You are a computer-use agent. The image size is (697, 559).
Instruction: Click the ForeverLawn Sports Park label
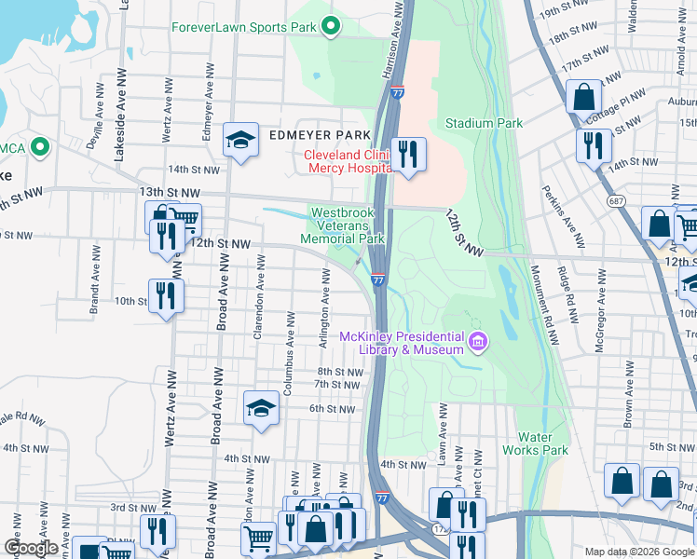coord(244,26)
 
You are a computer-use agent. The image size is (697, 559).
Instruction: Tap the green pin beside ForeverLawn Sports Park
coord(330,26)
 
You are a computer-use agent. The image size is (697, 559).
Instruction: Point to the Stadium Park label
coord(484,123)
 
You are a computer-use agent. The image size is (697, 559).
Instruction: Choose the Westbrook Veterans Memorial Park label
coord(342,225)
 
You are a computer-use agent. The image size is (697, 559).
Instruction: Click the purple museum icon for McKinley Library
coord(478,342)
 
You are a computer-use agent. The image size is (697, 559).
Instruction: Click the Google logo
coord(31,548)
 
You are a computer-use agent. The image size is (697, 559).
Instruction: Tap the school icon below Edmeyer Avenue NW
coord(240,141)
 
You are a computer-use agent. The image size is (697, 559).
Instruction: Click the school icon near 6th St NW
coord(262,406)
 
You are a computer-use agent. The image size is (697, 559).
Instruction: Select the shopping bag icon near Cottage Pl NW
coord(584,97)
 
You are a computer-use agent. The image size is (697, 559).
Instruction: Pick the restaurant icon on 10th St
coord(167,296)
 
